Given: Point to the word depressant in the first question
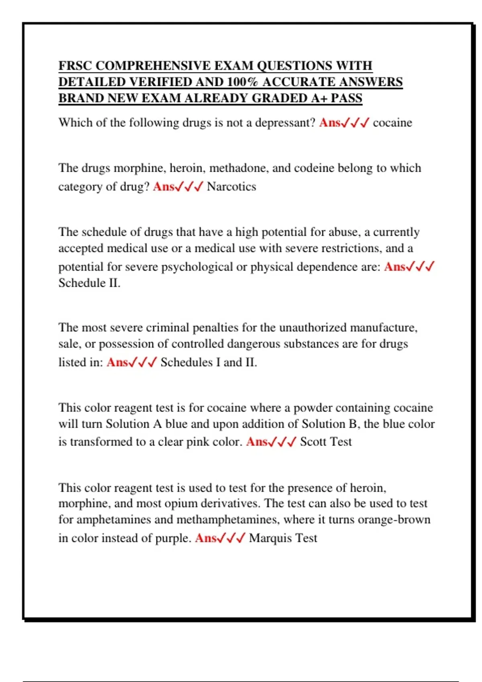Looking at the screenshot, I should tap(286, 123).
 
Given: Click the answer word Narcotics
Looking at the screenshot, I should tap(231, 187).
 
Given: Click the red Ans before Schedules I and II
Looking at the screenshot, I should tap(117, 363).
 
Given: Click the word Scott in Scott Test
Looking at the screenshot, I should tap(313, 442).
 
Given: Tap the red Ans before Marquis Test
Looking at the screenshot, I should tap(206, 538).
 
